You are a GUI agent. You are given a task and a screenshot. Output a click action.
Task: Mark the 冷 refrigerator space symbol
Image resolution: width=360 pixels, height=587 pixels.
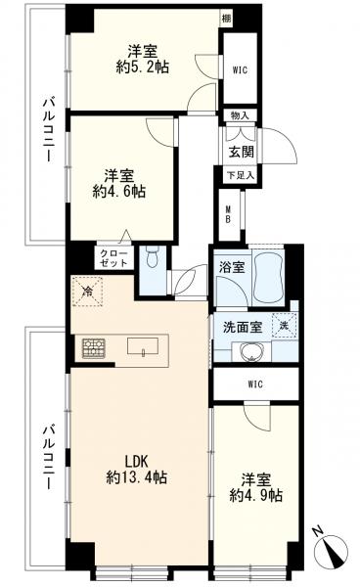[87, 291]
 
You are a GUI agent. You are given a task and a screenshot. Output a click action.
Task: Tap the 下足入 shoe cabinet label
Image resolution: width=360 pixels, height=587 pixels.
[241, 174]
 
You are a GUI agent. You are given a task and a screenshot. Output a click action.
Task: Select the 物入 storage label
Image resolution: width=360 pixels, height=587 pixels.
[241, 116]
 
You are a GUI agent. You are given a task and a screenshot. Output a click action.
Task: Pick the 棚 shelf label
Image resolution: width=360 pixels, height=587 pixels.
[252, 19]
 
